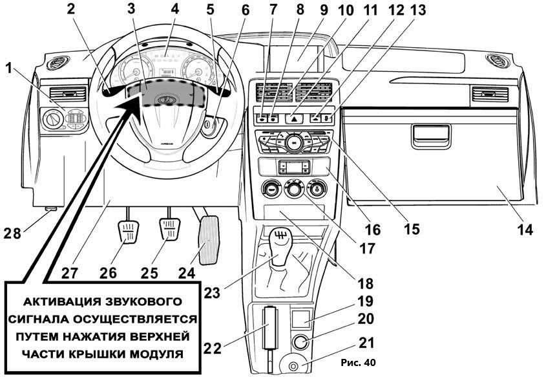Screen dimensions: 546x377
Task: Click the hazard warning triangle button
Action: (293, 119)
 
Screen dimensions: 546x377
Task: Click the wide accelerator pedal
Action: (209, 240)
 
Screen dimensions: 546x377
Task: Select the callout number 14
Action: (525, 230)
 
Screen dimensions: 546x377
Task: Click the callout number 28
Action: (12, 233)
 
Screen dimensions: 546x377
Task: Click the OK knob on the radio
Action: (293, 142)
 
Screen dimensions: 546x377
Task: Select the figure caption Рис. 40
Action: (359, 363)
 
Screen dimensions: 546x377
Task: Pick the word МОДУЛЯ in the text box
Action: (157, 354)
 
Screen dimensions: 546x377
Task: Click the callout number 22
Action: (212, 348)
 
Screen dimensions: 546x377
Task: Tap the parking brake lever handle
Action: (270, 327)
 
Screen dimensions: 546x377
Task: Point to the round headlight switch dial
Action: (52, 119)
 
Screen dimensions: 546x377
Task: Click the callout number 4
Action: (175, 8)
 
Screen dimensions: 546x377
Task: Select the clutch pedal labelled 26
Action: (127, 231)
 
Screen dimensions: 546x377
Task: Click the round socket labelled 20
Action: (301, 342)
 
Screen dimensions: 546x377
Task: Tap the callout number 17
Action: (366, 248)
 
